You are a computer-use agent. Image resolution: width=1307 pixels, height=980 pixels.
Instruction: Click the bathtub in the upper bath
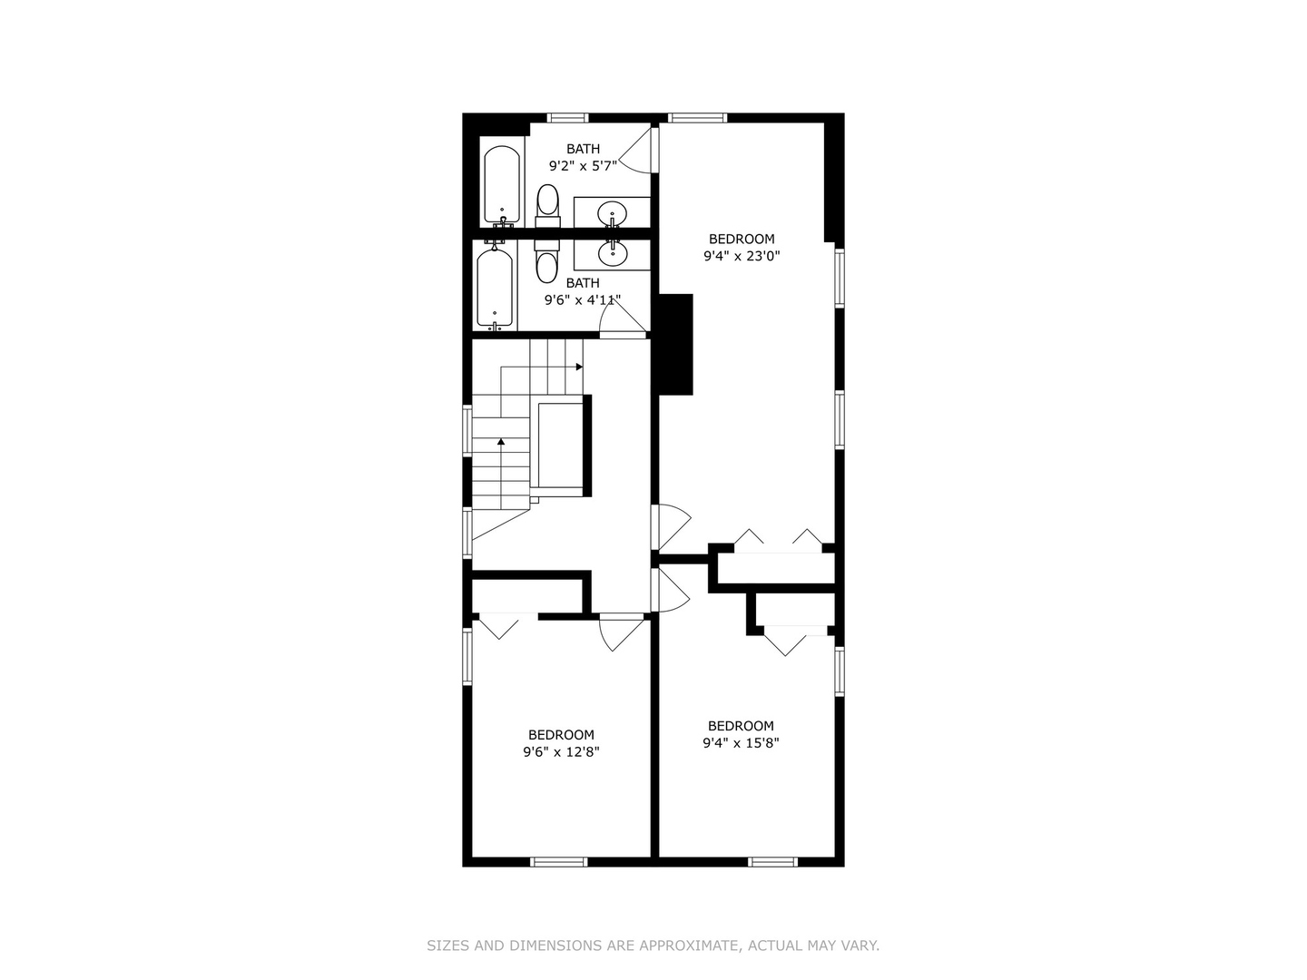[501, 185]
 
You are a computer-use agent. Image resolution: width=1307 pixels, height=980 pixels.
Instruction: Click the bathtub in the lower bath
[495, 288]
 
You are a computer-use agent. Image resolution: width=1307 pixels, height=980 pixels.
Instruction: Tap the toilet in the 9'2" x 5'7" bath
[547, 204]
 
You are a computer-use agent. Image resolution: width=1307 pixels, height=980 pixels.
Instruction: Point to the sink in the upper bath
[613, 214]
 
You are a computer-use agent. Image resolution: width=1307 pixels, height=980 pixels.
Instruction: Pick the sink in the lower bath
[613, 251]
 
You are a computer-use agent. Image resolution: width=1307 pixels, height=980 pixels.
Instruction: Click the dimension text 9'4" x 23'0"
[742, 256]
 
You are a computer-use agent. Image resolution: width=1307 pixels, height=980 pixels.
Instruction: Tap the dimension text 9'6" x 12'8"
[561, 751]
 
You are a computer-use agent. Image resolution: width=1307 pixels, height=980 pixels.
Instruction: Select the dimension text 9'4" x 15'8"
[741, 742]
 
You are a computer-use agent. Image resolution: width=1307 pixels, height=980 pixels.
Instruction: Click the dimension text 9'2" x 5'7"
[583, 166]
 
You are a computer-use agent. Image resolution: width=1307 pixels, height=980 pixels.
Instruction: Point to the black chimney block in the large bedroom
[675, 344]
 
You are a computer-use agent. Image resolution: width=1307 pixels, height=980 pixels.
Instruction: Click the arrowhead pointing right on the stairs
[579, 367]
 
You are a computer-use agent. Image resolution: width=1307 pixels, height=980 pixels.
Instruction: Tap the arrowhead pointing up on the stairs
[501, 442]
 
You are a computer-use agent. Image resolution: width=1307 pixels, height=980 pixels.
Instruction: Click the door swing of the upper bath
[639, 152]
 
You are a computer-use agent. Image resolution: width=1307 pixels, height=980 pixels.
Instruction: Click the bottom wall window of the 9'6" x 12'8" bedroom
[559, 861]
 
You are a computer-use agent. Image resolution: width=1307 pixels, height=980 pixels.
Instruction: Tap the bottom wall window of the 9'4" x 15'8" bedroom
[773, 861]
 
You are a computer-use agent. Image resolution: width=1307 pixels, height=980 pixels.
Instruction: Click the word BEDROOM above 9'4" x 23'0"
[742, 240]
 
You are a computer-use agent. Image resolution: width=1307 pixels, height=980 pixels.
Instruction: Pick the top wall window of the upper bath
[568, 117]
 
